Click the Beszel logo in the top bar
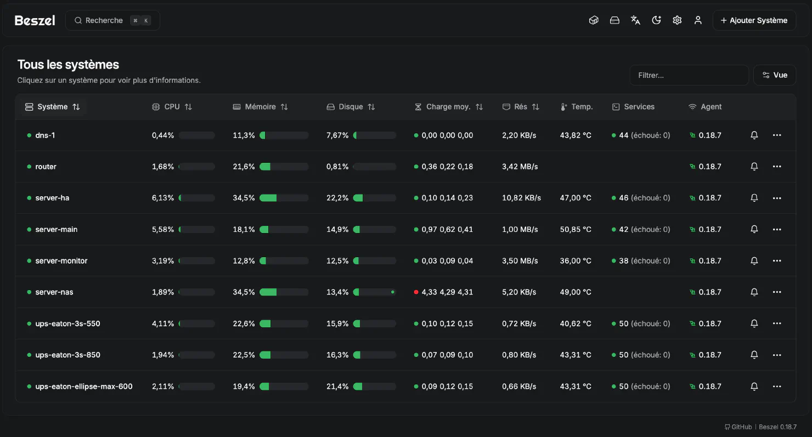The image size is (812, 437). (x=35, y=20)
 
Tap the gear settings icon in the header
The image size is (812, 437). (x=677, y=20)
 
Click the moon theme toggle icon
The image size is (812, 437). (x=656, y=20)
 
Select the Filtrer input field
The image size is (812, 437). (x=689, y=75)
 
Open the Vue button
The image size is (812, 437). (x=774, y=75)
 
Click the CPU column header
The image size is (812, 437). (x=172, y=107)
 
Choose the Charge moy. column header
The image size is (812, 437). (x=448, y=107)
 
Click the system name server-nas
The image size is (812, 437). (x=54, y=292)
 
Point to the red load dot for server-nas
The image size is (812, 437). (x=416, y=292)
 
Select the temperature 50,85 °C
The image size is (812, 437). (x=576, y=229)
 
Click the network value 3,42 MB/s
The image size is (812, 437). (x=520, y=167)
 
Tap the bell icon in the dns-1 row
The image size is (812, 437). (x=754, y=135)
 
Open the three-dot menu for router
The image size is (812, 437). (x=776, y=167)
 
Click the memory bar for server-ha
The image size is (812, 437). (x=284, y=198)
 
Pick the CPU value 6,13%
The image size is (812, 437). (x=163, y=198)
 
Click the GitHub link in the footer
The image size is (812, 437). (x=738, y=427)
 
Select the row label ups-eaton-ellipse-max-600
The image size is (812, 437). (x=83, y=387)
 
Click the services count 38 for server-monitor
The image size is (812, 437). (x=624, y=261)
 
